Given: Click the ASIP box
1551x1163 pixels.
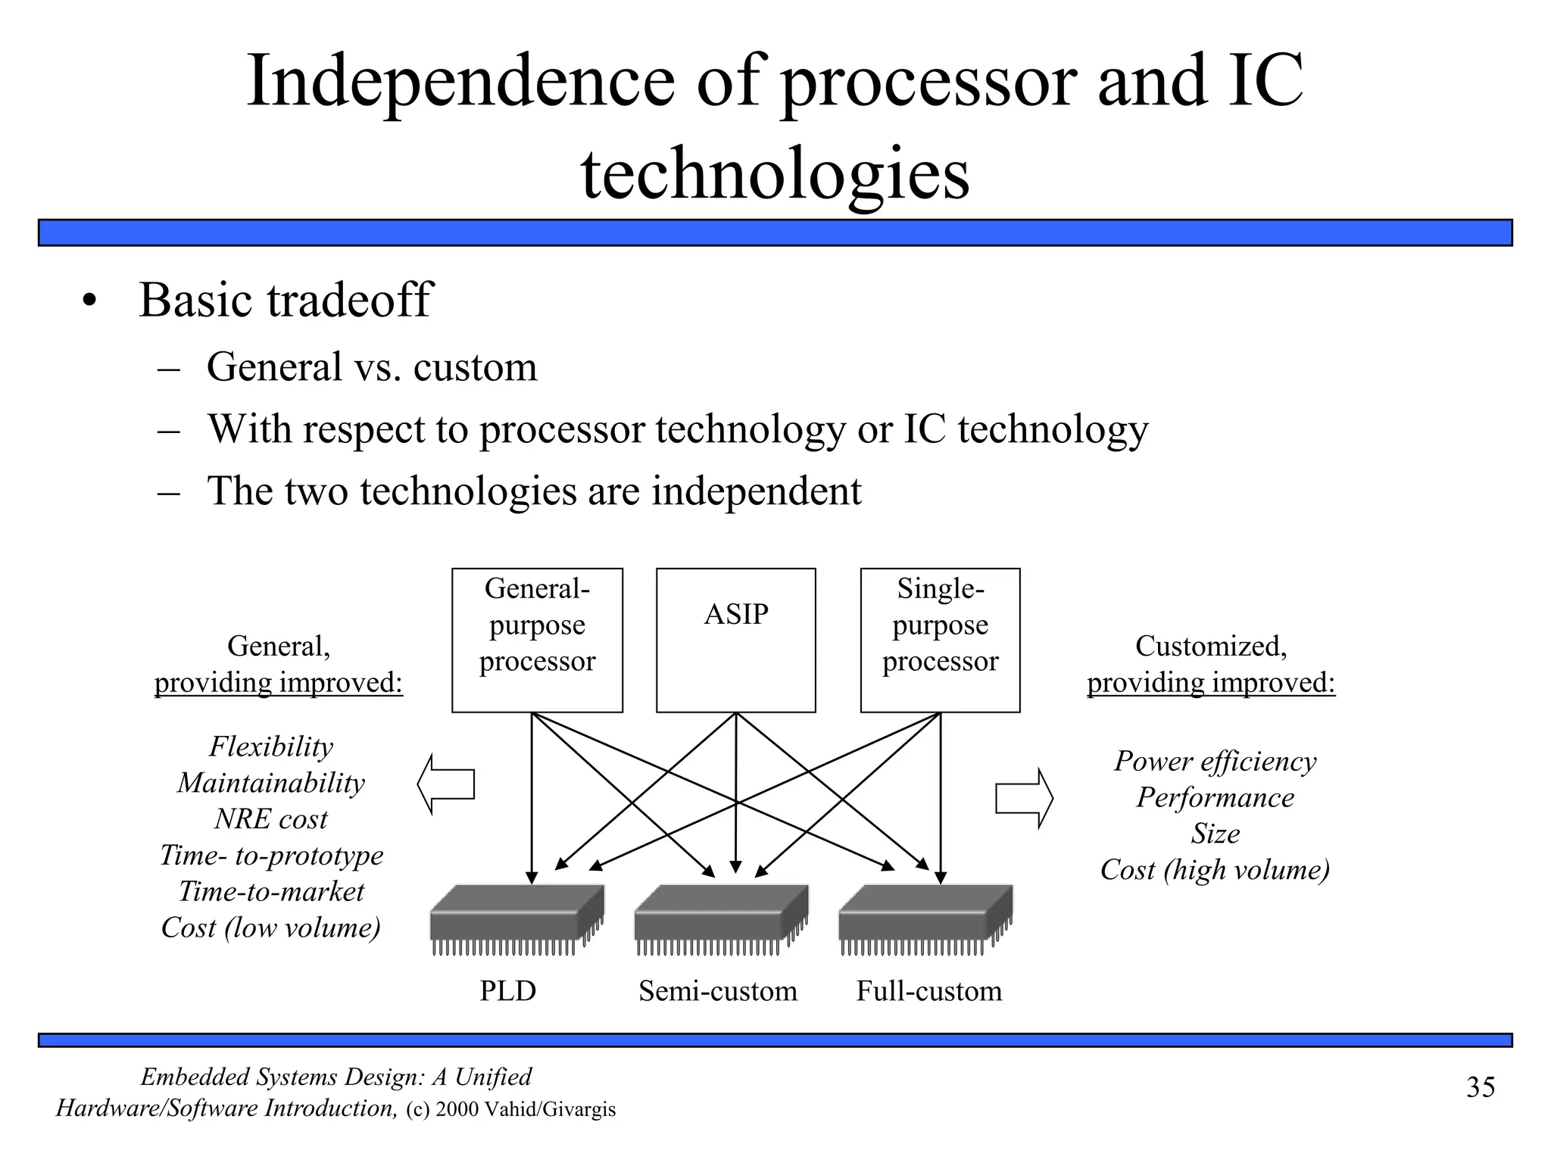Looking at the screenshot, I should click(x=735, y=640).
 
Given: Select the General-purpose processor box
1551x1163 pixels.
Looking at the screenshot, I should click(x=537, y=640).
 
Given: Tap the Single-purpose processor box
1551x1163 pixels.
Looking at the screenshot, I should click(x=940, y=640).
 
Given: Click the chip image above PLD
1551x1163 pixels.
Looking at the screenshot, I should click(x=516, y=918).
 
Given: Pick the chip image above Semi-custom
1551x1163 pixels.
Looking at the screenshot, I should click(x=721, y=918).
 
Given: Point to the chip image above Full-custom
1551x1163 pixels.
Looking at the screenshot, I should click(x=925, y=918).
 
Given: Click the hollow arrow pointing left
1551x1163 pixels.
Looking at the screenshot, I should click(x=447, y=784).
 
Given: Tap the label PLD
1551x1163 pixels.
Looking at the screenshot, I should click(x=507, y=990).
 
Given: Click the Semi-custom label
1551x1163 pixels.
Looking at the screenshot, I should click(x=717, y=990).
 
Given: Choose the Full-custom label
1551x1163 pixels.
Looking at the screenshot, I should click(x=928, y=990).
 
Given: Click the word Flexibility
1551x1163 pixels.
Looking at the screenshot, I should click(x=271, y=747).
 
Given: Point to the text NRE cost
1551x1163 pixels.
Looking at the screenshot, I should click(x=271, y=819).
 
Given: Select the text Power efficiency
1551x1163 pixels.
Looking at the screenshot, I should click(x=1215, y=761).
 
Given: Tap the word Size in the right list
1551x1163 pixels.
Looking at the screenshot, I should click(x=1215, y=834).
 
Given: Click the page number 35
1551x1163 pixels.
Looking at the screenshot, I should click(x=1481, y=1087).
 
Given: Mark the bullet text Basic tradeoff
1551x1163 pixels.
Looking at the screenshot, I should click(x=285, y=300).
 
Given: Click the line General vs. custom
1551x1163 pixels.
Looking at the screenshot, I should click(x=371, y=367).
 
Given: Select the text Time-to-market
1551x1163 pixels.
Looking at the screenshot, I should click(x=271, y=891).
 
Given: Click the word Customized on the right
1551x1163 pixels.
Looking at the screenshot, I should click(x=1210, y=646).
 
